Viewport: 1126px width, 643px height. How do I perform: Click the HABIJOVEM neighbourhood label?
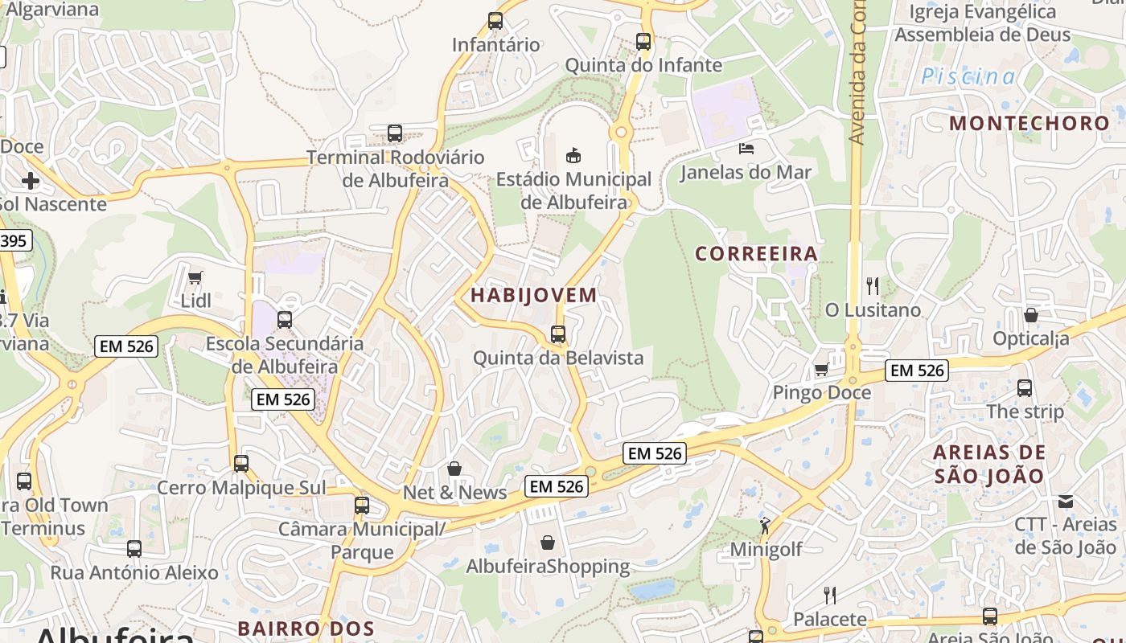tap(534, 295)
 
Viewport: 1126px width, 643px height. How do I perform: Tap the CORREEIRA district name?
tap(756, 254)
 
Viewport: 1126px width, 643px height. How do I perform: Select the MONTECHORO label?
tap(1029, 123)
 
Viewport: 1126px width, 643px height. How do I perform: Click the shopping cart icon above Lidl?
tap(195, 277)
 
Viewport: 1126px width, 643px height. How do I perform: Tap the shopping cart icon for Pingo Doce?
tap(821, 369)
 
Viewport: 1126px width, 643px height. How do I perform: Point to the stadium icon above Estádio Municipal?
tap(573, 154)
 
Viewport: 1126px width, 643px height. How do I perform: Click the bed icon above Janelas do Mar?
tap(746, 148)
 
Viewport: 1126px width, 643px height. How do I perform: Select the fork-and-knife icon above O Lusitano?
tap(873, 285)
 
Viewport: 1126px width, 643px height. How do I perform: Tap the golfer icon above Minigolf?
tap(765, 526)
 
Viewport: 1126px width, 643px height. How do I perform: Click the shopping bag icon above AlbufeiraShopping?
tap(548, 543)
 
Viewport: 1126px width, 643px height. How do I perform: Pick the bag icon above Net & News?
tap(454, 469)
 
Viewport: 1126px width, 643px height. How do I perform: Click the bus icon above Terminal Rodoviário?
tap(395, 133)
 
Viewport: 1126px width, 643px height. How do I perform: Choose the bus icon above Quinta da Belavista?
tap(558, 334)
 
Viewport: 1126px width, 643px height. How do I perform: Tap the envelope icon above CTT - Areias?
tap(1066, 501)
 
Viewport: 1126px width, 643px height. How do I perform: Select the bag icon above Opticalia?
tap(1031, 314)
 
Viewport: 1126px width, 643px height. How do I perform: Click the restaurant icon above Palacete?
tap(830, 595)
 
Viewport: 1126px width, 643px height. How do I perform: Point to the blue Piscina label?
tap(968, 76)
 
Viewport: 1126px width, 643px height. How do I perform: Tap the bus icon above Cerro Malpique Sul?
tap(241, 464)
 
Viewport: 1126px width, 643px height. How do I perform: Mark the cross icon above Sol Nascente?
tap(31, 180)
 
